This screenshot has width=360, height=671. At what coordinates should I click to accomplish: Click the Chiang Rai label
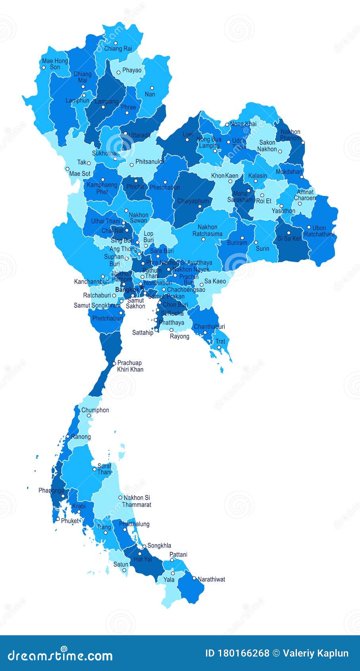point(118,49)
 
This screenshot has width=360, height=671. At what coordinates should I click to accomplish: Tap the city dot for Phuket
point(58,519)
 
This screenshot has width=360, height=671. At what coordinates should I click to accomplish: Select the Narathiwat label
point(211,579)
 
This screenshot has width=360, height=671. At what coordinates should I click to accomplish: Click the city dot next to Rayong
point(171,330)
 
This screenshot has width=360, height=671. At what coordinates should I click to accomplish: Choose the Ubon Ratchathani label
point(319,231)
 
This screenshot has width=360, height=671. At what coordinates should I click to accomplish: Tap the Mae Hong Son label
point(55,64)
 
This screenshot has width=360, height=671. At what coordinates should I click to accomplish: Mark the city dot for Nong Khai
point(227,124)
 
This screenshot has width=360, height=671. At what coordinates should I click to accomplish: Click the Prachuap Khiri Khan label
point(130,366)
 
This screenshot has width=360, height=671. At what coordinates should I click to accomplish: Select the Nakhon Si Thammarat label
point(137,501)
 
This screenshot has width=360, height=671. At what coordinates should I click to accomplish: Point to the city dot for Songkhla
point(144,546)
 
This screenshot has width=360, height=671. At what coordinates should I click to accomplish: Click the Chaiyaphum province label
point(193,201)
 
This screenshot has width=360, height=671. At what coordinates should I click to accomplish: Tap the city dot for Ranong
point(68,437)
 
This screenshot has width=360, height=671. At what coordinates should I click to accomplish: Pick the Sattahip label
point(142,333)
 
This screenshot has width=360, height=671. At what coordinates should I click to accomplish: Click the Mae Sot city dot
point(67,169)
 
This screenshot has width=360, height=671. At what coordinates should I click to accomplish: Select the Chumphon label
point(95,410)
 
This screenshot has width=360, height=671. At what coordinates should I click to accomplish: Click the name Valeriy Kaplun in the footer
point(316,653)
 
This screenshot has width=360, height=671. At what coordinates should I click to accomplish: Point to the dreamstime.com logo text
point(60,656)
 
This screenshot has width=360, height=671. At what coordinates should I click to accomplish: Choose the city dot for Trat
point(219,347)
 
